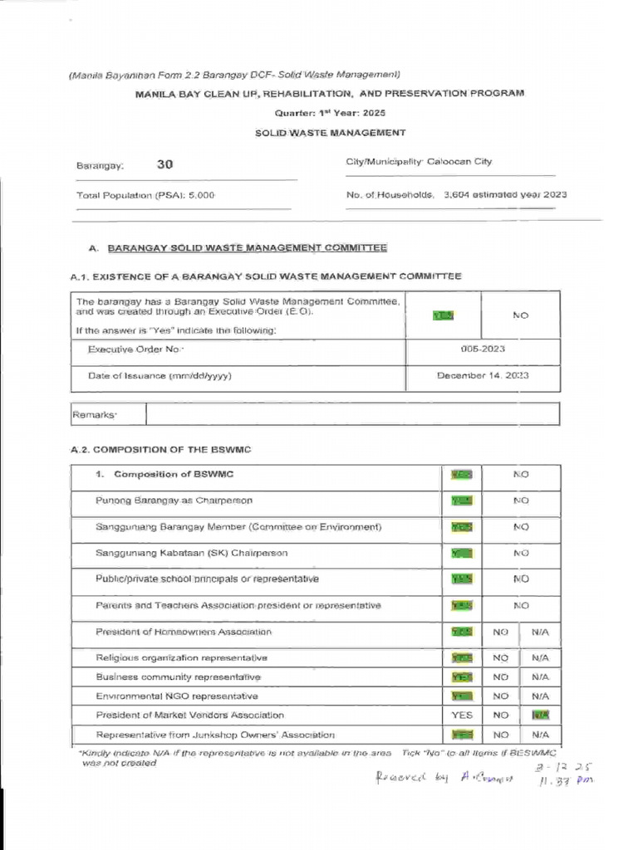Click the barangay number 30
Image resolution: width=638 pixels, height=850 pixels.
165,164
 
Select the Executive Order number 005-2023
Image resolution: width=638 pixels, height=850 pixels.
482,349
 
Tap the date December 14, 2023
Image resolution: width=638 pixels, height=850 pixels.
483,376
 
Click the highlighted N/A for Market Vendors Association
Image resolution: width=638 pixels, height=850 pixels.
540,715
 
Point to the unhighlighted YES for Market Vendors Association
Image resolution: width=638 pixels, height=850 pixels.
462,715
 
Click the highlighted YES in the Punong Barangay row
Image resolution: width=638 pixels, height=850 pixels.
462,501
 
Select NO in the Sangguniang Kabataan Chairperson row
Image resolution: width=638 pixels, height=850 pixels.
521,553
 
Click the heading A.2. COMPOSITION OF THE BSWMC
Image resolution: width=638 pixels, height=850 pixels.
161,449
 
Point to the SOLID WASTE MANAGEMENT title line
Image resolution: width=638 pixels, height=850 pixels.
330,132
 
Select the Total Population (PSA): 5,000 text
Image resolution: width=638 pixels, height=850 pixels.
145,195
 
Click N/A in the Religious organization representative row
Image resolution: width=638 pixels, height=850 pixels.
540,657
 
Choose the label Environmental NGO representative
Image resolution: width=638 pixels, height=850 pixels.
177,696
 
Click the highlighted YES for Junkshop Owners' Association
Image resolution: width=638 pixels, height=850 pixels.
462,735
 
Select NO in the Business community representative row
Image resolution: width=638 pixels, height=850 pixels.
500,677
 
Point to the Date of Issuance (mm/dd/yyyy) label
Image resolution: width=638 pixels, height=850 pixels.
159,376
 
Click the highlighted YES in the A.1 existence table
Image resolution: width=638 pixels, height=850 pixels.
444,315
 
